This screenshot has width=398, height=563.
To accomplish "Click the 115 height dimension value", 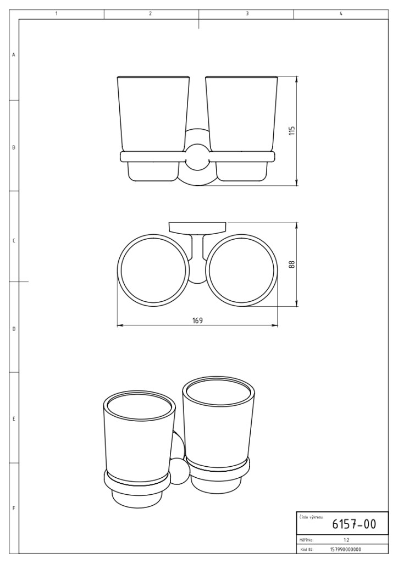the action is pos(291,130).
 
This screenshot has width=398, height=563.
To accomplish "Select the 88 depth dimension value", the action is pos(291,264).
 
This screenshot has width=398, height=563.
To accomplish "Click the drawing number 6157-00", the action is pos(354,524).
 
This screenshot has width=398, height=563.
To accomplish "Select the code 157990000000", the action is pos(345,549).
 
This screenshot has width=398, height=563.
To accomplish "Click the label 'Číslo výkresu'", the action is pos(311,517).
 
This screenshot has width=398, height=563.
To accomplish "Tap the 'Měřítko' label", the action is pos(306,540).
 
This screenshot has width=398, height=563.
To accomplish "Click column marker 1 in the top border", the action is pos(57,14).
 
